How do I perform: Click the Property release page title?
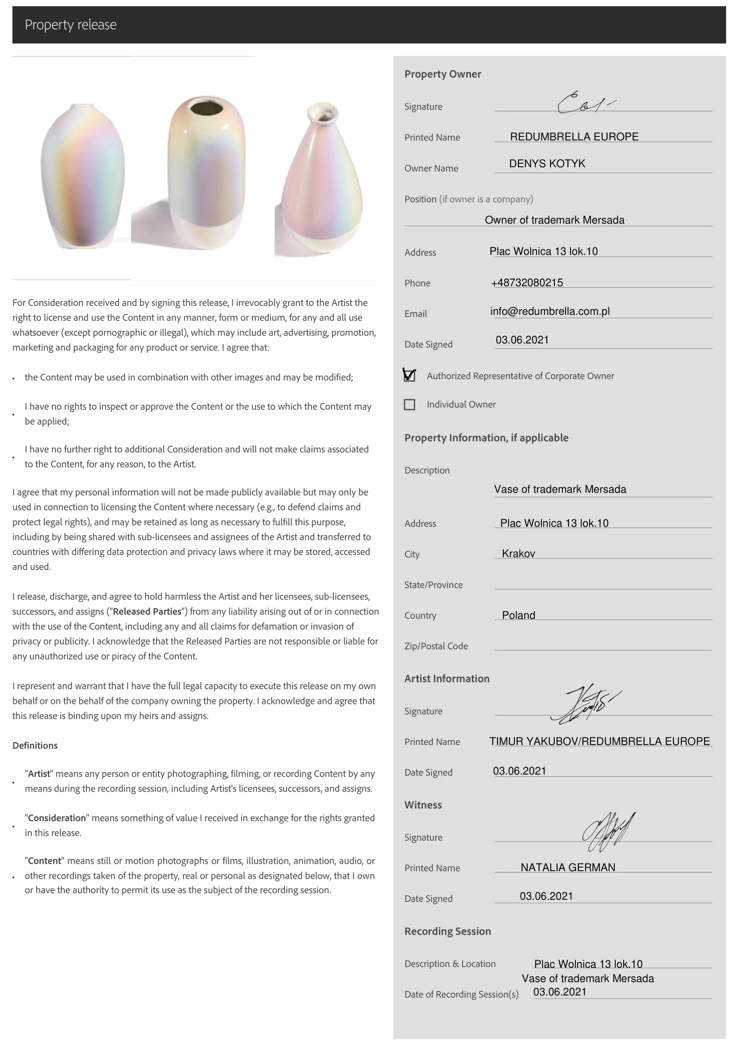pyautogui.click(x=71, y=25)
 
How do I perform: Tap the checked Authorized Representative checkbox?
pyautogui.click(x=409, y=375)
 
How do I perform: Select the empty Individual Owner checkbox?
pyautogui.click(x=409, y=405)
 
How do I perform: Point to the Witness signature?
pyautogui.click(x=608, y=832)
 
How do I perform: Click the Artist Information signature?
pyautogui.click(x=585, y=704)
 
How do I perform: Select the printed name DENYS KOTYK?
pyautogui.click(x=547, y=164)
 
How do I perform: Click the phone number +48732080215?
pyautogui.click(x=527, y=283)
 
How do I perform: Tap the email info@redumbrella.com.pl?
pyautogui.click(x=549, y=311)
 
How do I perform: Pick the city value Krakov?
pyautogui.click(x=518, y=554)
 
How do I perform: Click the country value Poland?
pyautogui.click(x=518, y=615)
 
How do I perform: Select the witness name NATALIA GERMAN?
pyautogui.click(x=568, y=867)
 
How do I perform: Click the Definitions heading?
pyautogui.click(x=35, y=745)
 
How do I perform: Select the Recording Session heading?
pyautogui.click(x=447, y=931)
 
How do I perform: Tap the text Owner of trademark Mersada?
pyautogui.click(x=554, y=220)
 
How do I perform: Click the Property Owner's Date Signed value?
pyautogui.click(x=522, y=340)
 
